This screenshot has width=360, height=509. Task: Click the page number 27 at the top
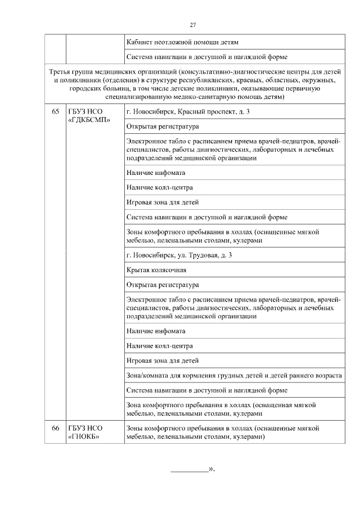coord(193,25)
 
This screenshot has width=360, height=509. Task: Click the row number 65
coord(55,111)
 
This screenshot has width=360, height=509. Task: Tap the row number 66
coord(55,428)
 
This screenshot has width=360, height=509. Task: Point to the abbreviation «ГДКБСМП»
coord(89,120)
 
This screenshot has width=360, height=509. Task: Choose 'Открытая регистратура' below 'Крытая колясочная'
coord(163,285)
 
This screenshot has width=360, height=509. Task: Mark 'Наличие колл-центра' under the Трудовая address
coord(160,346)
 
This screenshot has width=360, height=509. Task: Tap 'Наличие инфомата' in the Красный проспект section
coord(156,173)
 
